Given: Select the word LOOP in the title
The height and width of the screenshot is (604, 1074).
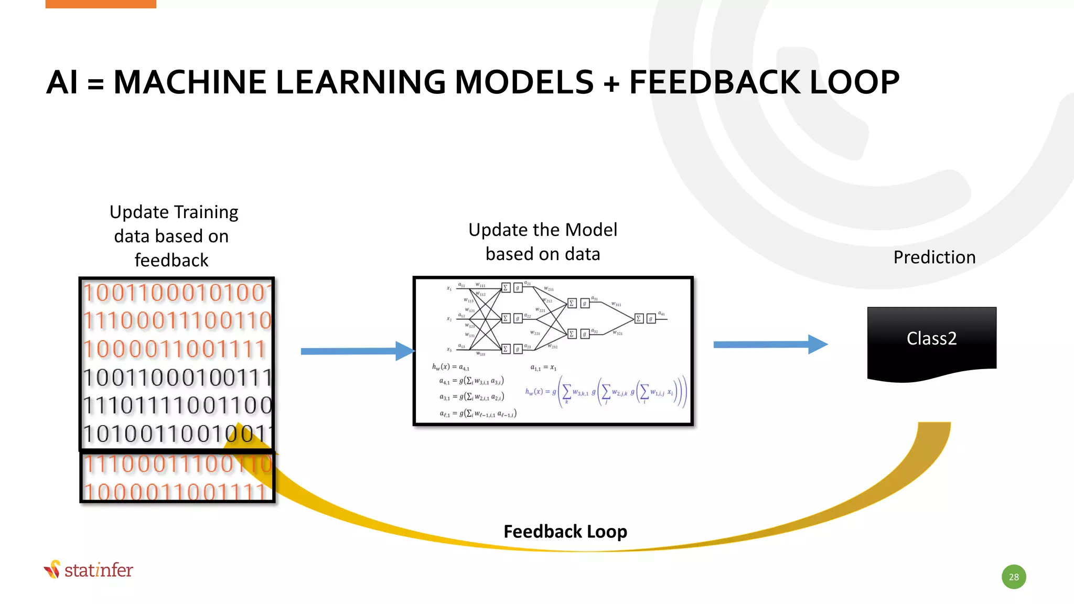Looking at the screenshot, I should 855,82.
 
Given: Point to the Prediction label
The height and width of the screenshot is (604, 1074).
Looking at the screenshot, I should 934,257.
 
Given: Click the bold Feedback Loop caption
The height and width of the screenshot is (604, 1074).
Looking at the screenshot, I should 565,532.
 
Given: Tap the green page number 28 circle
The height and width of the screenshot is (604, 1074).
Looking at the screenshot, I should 1014,577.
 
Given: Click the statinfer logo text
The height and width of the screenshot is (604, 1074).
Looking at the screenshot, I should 99,570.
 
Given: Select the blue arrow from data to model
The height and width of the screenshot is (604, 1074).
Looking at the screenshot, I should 357,351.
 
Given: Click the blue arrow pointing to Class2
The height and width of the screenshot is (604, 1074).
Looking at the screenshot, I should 770,344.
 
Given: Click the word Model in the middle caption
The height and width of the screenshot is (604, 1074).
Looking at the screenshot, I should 591,230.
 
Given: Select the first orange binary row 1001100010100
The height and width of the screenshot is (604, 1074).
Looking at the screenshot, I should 177,293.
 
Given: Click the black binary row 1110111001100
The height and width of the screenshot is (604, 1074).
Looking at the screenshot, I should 177,405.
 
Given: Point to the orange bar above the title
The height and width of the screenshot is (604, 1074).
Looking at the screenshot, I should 101,4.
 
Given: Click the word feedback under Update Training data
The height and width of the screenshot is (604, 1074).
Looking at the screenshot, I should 171,260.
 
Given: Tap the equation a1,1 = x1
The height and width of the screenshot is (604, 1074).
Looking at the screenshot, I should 543,368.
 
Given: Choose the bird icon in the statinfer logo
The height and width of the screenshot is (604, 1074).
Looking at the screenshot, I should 52,569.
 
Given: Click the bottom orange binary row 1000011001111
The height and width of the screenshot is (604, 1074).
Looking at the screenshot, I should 177,491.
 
